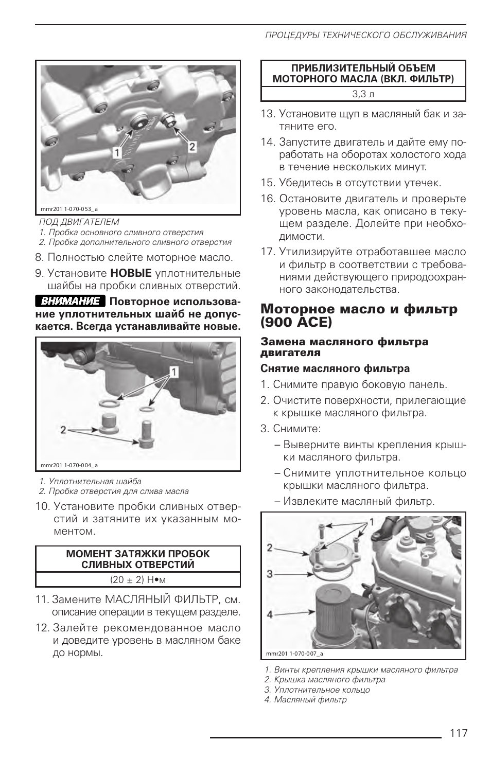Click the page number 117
tap(458, 733)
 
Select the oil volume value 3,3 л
tap(363, 94)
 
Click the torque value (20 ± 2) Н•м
tap(138, 579)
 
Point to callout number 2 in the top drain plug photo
tap(192, 147)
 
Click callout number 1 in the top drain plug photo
tap(117, 152)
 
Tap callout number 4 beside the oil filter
tap(270, 614)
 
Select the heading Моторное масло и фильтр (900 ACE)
tap(358, 315)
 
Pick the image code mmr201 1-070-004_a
tap(69, 465)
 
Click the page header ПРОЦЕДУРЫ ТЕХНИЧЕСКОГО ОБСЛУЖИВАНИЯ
tap(365, 36)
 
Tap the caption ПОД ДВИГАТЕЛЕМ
tap(79, 222)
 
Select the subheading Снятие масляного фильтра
tap(335, 368)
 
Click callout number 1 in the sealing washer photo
tap(173, 370)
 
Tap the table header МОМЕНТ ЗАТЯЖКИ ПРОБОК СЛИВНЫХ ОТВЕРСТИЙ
tap(138, 559)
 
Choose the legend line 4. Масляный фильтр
tap(306, 699)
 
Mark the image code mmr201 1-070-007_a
tap(294, 654)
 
